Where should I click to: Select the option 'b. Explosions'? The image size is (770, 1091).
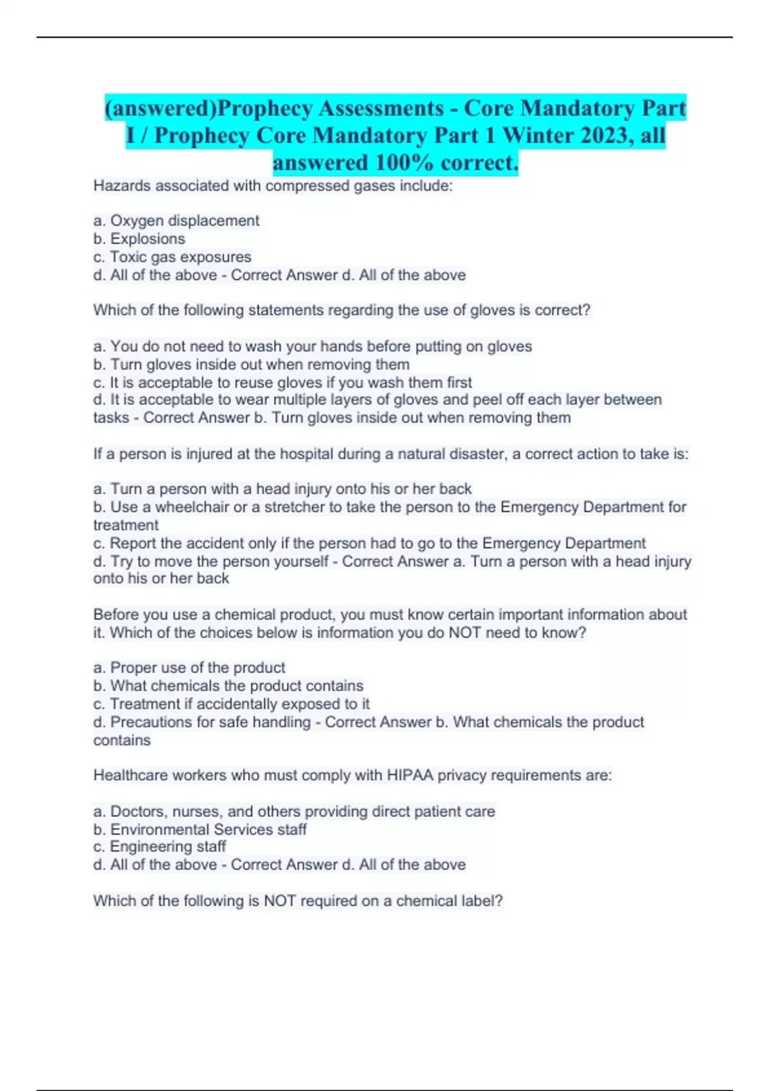[x=139, y=239]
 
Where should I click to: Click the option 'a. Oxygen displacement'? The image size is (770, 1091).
[x=176, y=221]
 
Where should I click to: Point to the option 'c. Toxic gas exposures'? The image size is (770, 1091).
[x=172, y=257]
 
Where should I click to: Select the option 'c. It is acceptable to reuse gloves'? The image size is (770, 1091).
[x=282, y=382]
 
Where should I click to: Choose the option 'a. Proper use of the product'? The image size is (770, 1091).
[x=189, y=667]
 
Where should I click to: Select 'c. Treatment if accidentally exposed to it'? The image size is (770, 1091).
[x=231, y=704]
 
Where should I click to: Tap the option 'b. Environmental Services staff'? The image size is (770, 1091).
[x=200, y=829]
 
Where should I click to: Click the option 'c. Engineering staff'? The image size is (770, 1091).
[x=159, y=846]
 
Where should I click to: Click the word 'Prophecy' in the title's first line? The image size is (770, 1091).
[x=263, y=108]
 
